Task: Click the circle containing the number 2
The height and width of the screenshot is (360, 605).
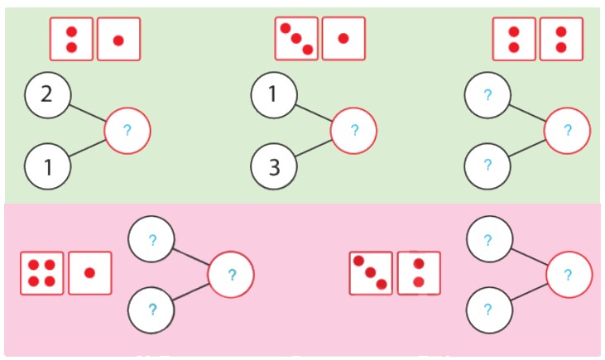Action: [x=47, y=94]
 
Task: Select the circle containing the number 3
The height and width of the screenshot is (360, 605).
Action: [x=274, y=166]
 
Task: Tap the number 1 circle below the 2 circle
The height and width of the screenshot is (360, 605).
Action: [x=47, y=166]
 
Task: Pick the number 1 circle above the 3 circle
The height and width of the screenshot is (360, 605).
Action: [x=274, y=94]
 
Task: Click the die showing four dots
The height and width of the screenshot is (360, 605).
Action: [x=42, y=273]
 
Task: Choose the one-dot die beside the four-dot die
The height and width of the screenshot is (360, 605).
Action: [x=89, y=273]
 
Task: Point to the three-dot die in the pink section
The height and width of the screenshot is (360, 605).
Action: [x=371, y=273]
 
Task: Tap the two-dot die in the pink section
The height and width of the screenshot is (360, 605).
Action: [x=419, y=273]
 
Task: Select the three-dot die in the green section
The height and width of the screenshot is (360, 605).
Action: [x=296, y=39]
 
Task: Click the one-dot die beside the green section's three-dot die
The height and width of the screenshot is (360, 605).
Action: [x=343, y=39]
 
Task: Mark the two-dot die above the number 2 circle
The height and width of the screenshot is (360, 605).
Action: [x=71, y=39]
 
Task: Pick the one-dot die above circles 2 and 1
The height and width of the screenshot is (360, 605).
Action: [x=118, y=39]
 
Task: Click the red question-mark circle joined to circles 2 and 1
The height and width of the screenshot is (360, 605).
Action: [x=127, y=131]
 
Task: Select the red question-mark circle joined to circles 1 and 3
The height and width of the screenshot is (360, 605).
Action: [x=354, y=131]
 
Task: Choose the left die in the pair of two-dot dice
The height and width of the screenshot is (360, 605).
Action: [x=514, y=39]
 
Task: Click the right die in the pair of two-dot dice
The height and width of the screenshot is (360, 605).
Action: [x=561, y=39]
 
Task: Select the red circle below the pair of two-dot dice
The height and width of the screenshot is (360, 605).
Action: [x=568, y=131]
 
